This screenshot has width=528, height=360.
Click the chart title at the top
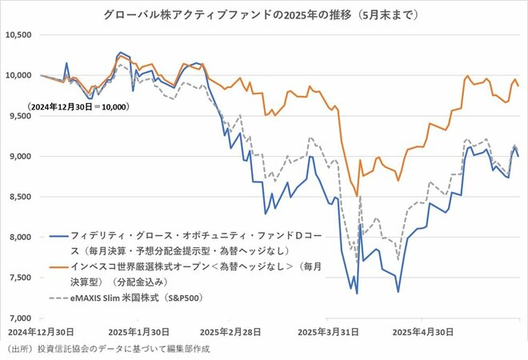click(264, 14)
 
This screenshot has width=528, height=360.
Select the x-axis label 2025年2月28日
click(231, 331)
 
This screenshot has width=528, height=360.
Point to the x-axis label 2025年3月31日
click(328, 331)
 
